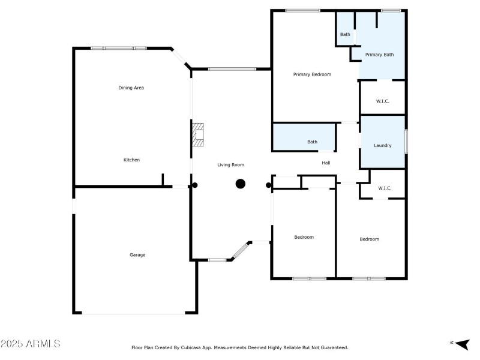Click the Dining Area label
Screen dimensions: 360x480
click(x=131, y=88)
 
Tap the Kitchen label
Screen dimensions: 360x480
click(x=131, y=160)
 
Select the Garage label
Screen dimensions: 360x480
click(x=137, y=255)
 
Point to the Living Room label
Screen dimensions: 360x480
click(x=230, y=164)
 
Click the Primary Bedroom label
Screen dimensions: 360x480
click(x=312, y=74)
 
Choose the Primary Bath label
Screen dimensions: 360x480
click(x=379, y=55)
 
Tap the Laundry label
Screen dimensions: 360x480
click(x=383, y=145)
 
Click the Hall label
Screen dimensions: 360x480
click(x=326, y=163)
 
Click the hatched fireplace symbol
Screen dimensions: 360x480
click(x=198, y=134)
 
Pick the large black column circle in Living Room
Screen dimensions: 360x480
click(x=240, y=184)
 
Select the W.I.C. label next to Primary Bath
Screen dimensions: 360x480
click(x=383, y=101)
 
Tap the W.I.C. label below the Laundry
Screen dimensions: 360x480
click(x=385, y=188)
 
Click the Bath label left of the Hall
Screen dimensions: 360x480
click(x=312, y=142)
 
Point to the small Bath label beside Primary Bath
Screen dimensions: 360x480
click(x=345, y=34)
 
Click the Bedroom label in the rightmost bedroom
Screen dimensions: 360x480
click(x=369, y=239)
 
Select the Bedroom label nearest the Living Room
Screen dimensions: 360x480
click(x=304, y=237)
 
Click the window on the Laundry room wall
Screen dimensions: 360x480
click(x=406, y=142)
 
